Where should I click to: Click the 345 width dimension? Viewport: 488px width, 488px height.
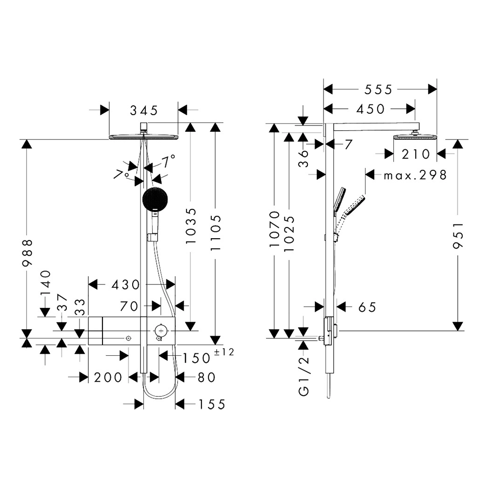(x=143, y=110)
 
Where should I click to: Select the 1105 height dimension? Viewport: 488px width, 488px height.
(x=215, y=232)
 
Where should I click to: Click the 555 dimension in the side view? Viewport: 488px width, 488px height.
(x=378, y=89)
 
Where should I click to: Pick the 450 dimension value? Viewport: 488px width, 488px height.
(x=370, y=109)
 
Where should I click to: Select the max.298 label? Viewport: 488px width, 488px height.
(x=415, y=175)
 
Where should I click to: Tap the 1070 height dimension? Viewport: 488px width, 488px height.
(x=275, y=228)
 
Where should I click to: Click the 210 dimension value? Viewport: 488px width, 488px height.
(x=416, y=154)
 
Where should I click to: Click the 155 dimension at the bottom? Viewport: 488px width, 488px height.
(x=211, y=404)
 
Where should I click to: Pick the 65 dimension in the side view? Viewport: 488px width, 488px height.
(x=367, y=307)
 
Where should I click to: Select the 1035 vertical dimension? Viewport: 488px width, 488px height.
(x=191, y=225)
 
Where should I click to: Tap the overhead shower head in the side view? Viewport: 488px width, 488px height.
(x=415, y=137)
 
